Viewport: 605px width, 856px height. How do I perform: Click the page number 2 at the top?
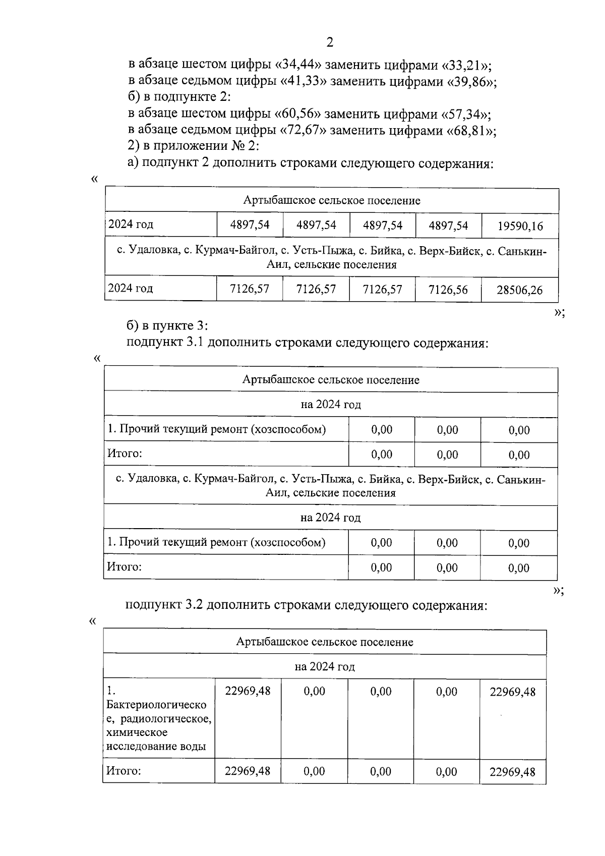[x=330, y=42]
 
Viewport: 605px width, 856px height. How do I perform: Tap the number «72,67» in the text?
[x=303, y=131]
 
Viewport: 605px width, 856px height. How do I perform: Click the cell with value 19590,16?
[x=520, y=226]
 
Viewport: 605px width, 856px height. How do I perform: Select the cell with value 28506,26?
[x=519, y=290]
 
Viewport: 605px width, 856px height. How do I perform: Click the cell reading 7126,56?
[x=448, y=290]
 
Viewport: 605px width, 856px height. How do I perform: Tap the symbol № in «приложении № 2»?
[x=234, y=147]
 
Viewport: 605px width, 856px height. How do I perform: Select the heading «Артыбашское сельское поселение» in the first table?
[x=332, y=201]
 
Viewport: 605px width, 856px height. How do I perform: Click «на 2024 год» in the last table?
[x=325, y=667]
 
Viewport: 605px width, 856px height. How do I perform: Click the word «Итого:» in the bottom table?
[x=123, y=771]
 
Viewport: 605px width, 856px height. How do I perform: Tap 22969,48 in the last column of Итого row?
[x=512, y=772]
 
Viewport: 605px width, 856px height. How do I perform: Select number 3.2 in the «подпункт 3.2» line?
[x=194, y=605]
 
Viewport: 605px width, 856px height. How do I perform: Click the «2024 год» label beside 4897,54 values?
[x=131, y=224]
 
